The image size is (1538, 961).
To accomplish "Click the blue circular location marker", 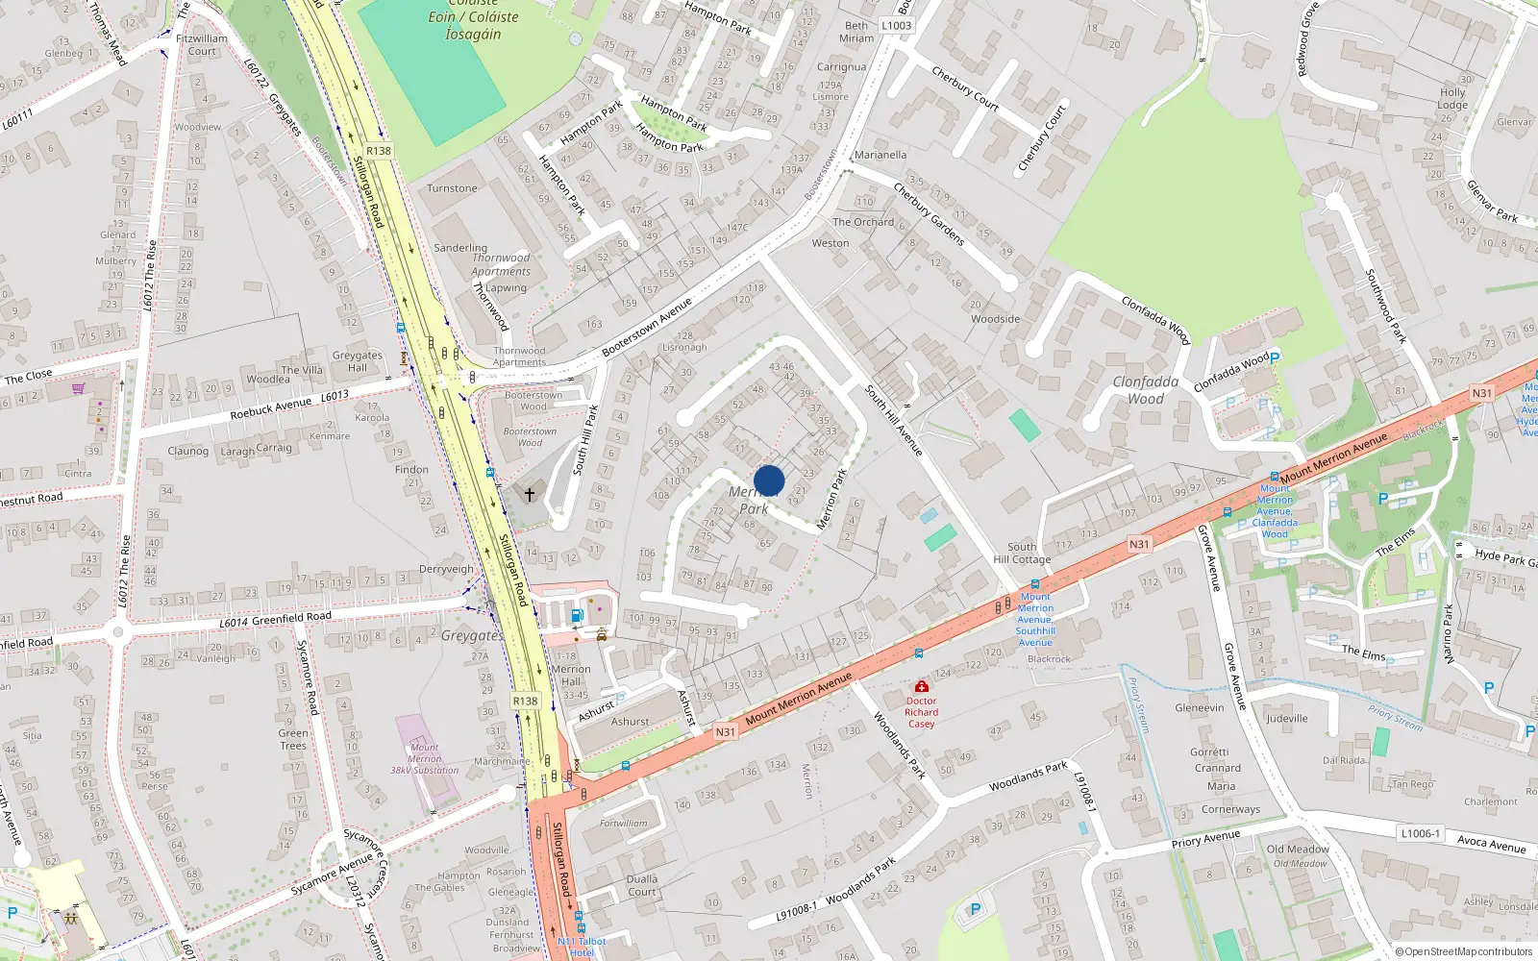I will point(769,480).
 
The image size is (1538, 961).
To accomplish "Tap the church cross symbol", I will point(529,494).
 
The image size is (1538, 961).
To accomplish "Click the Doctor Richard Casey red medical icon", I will point(921,686).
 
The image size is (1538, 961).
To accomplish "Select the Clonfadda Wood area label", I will point(1145,390).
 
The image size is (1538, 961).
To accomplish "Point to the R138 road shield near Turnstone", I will point(379,151).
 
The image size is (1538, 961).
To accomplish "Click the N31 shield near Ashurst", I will point(725,732).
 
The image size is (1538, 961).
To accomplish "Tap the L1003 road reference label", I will point(896,26).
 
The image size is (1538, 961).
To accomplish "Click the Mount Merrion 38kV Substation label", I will point(424,758).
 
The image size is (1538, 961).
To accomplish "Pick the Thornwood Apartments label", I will point(500,264).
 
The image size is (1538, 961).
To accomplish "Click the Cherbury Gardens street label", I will point(929,214).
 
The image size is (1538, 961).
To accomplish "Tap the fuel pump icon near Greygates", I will point(577,615).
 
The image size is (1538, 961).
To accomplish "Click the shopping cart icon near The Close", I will point(78,388).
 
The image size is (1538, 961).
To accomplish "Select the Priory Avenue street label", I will point(1205,839).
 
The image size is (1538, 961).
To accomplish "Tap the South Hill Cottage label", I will point(1022,553).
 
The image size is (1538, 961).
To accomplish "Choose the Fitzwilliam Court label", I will point(202,45).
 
